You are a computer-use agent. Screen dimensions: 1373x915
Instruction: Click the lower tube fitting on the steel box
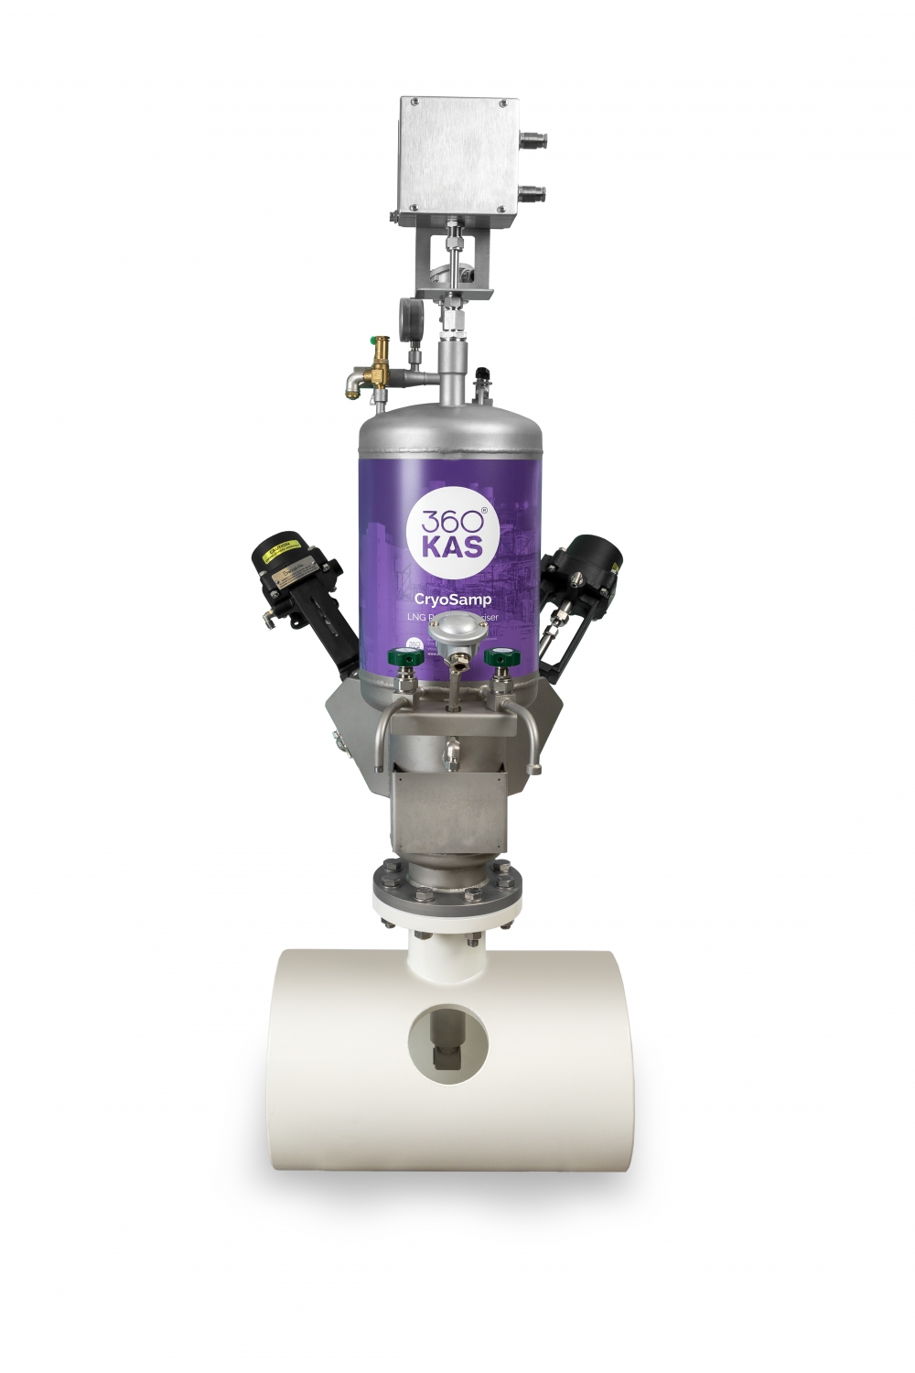click(532, 192)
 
